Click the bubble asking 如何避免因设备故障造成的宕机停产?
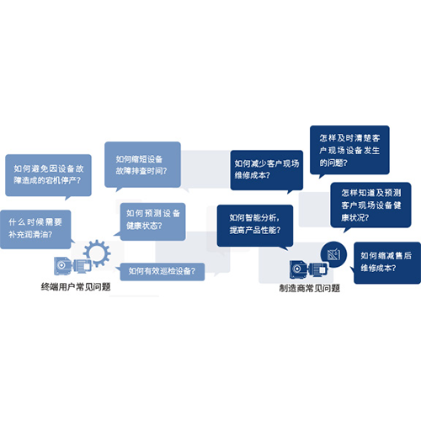click(x=48, y=175)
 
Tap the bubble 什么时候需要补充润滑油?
click(x=35, y=229)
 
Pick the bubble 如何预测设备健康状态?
click(x=152, y=221)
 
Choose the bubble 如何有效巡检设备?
click(x=163, y=272)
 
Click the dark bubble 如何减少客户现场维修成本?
click(x=267, y=170)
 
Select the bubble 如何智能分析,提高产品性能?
click(x=255, y=226)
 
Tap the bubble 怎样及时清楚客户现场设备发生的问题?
click(x=349, y=150)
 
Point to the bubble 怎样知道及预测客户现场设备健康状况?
click(x=370, y=205)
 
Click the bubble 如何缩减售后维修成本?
click(x=387, y=263)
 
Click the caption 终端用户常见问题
click(x=76, y=287)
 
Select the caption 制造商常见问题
click(x=310, y=288)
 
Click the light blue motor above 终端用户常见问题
click(x=72, y=265)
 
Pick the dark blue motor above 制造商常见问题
click(x=309, y=269)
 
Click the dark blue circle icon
click(x=333, y=254)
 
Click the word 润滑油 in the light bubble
click(x=37, y=234)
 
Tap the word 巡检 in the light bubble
click(x=168, y=271)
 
